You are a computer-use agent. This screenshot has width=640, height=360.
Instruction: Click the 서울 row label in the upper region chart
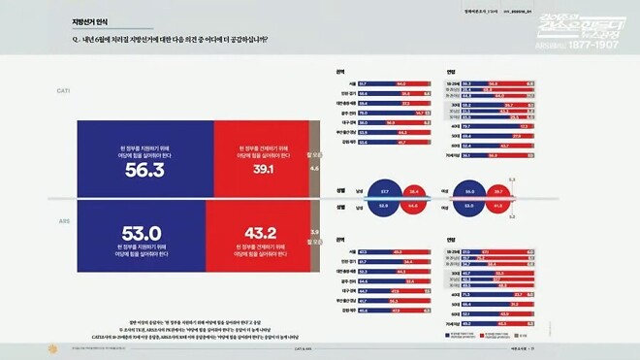[x=342, y=84]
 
